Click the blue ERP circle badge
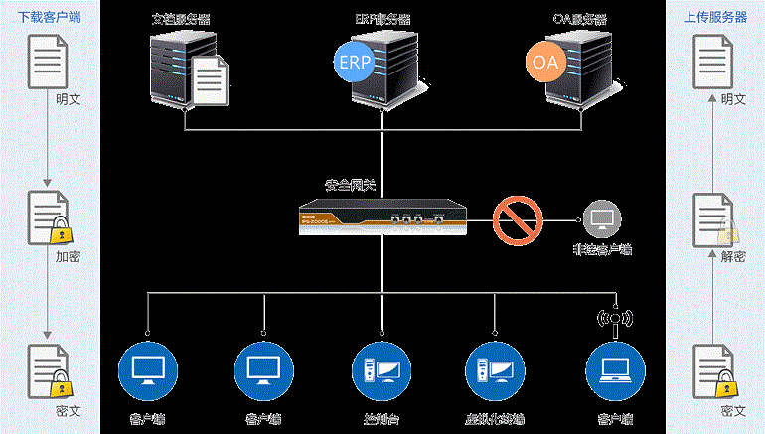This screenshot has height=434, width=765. pos(354,61)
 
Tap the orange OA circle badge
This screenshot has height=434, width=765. pos(545,62)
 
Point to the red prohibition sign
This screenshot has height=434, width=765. pos(518,219)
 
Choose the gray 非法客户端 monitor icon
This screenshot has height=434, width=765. pos(602,218)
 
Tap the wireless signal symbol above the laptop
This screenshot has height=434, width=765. pos(613,319)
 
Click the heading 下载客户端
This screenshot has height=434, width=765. pos(50,16)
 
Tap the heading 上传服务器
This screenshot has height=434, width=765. pos(715,16)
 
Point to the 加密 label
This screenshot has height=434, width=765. pos(68,255)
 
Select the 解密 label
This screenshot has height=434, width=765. pos(733,255)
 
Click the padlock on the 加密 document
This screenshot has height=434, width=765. pos(61,232)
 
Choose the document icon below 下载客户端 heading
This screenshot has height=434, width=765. pos(48,61)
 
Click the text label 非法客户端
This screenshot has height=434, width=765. pos(603,250)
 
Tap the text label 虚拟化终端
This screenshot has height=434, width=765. pos(495,417)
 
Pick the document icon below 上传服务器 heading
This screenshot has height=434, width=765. pos(711,61)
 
